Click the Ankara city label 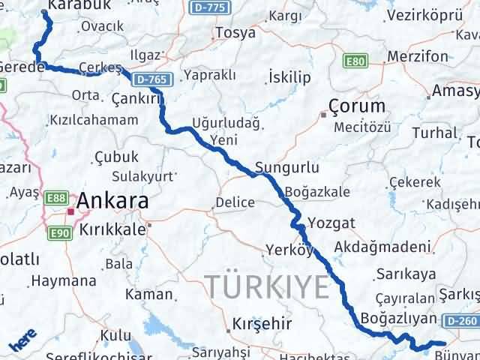(112, 201)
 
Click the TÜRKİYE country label (267, 286)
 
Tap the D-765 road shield (152, 79)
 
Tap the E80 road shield (355, 61)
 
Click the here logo (20, 344)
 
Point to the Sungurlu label (287, 168)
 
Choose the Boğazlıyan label (398, 317)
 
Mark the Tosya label (235, 33)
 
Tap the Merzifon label (418, 56)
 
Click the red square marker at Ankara (70, 212)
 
